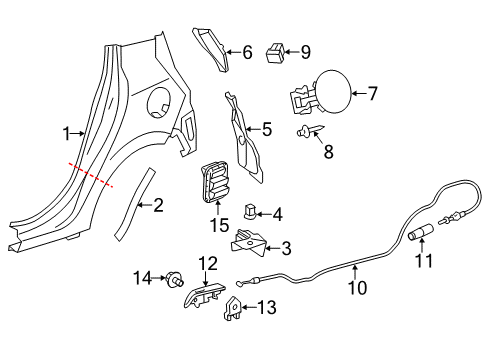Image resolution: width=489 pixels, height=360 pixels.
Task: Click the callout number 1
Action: click(67, 134)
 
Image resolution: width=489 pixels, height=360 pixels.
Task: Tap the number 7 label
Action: click(373, 93)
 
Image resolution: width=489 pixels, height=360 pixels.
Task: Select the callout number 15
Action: click(220, 225)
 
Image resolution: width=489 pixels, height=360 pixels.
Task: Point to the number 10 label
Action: click(357, 287)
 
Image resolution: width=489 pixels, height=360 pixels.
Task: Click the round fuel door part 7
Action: click(333, 93)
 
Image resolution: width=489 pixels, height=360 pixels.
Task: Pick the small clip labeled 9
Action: click(275, 53)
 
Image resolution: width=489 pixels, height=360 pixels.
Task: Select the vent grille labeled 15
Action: click(214, 182)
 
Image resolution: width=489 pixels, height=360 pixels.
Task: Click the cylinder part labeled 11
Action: click(421, 232)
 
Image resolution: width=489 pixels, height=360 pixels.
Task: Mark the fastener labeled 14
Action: click(174, 279)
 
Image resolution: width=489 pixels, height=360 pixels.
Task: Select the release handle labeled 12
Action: click(204, 295)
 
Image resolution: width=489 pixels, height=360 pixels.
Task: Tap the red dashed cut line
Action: click(91, 175)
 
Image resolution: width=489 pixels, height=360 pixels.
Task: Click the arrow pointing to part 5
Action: click(253, 129)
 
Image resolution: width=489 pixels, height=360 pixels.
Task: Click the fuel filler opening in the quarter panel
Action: click(159, 102)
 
